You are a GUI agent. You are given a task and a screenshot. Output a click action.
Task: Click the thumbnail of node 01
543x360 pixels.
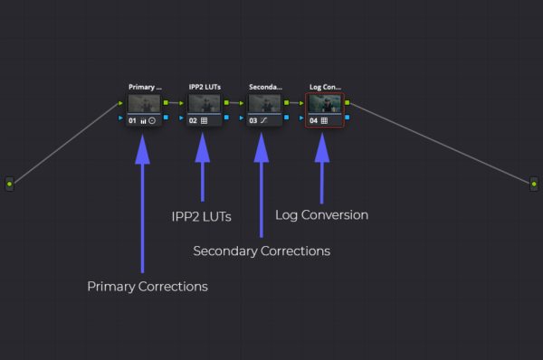[144, 103]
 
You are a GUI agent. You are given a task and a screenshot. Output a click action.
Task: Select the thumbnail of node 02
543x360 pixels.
[205, 103]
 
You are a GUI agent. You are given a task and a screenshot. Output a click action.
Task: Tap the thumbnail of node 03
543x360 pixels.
[265, 103]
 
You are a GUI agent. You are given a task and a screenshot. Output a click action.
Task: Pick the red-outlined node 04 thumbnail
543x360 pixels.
[326, 103]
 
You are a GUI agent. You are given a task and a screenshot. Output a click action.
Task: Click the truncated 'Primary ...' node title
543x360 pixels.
[145, 87]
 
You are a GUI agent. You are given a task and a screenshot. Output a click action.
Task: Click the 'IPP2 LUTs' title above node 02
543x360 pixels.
[205, 87]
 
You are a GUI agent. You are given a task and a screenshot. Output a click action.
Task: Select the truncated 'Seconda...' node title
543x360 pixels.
[265, 87]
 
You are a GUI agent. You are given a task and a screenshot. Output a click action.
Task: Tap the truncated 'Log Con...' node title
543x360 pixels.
[326, 87]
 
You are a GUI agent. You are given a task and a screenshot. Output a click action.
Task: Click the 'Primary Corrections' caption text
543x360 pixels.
[148, 287]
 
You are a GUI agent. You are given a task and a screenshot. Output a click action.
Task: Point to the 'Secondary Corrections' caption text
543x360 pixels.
[262, 251]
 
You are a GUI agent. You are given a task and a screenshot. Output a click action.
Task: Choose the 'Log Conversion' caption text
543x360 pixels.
[321, 215]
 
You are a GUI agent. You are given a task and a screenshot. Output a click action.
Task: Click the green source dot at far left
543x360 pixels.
[10, 184]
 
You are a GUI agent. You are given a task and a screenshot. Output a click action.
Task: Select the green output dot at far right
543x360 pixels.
[534, 184]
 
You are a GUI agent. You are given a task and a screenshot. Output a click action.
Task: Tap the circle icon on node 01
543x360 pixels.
[152, 120]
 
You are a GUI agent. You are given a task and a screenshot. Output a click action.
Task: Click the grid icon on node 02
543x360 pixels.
[204, 120]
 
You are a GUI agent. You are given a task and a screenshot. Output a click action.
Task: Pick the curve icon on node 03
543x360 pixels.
[264, 120]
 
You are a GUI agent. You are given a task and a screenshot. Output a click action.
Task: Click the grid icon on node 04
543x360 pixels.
[325, 120]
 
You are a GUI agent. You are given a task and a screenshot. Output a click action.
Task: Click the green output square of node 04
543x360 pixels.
[348, 102]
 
